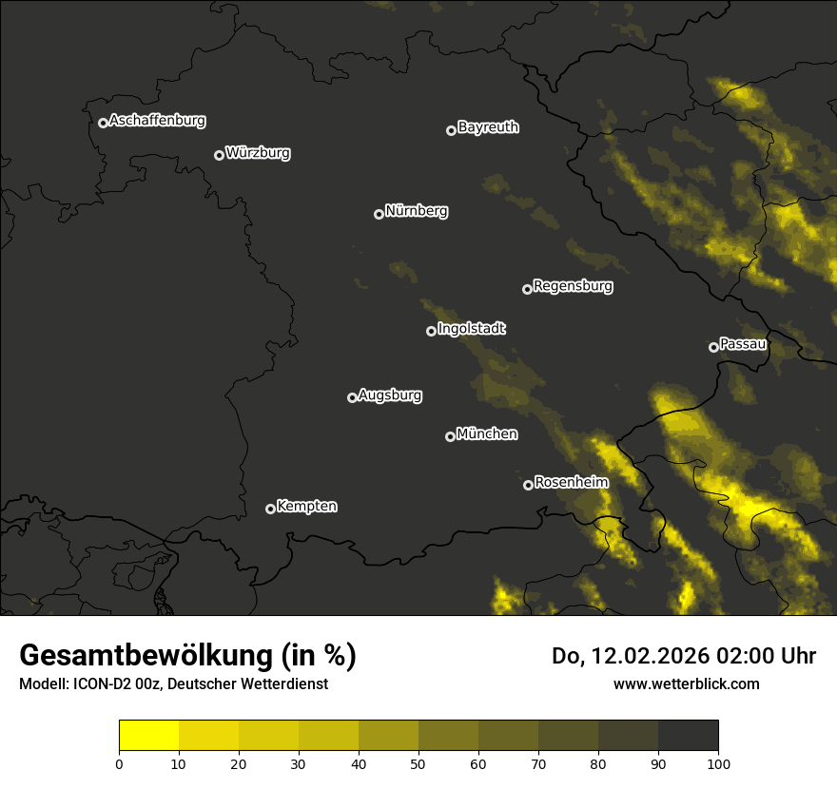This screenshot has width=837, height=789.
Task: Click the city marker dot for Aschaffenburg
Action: pyautogui.click(x=103, y=123)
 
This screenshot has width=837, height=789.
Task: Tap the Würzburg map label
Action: pyautogui.click(x=258, y=153)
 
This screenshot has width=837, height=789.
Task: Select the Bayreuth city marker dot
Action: pyautogui.click(x=451, y=130)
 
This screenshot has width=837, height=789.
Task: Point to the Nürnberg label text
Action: pyautogui.click(x=416, y=211)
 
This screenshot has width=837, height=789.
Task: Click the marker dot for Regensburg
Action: pyautogui.click(x=527, y=289)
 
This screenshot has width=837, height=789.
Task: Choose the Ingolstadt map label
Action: pyautogui.click(x=471, y=329)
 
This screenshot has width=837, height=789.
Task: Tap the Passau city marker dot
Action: pyautogui.click(x=713, y=347)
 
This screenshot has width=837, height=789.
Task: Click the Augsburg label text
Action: pyautogui.click(x=390, y=395)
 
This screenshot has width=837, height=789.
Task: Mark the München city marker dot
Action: pyautogui.click(x=450, y=437)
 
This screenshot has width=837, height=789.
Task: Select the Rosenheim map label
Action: pyautogui.click(x=571, y=483)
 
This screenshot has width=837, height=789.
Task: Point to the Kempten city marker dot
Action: pyautogui.click(x=270, y=509)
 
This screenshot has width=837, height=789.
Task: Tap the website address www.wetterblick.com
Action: pyautogui.click(x=686, y=683)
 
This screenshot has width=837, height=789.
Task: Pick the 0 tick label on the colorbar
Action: pyautogui.click(x=119, y=763)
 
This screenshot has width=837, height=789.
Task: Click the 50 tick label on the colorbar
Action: pyautogui.click(x=418, y=763)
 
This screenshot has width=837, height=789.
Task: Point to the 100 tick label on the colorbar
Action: pyautogui.click(x=718, y=763)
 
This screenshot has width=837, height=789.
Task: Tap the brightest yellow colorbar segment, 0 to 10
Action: pyautogui.click(x=149, y=736)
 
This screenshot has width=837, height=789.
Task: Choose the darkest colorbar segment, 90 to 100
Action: pyautogui.click(x=688, y=736)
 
